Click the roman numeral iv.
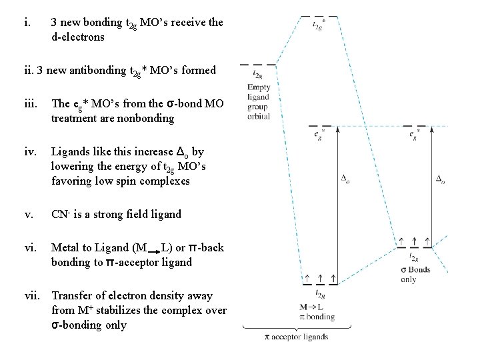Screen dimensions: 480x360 coord(29,153)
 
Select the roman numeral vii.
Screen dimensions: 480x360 coord(32,295)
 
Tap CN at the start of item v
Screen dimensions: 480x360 coord(59,214)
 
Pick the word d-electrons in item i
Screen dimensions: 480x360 coord(78,37)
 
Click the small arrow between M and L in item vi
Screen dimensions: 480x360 coord(151,251)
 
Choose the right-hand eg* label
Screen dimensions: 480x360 coord(415,135)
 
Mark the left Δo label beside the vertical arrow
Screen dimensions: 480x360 coord(345,179)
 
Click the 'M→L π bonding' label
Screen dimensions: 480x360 coord(317,311)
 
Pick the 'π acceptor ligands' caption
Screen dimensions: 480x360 coord(296,337)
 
